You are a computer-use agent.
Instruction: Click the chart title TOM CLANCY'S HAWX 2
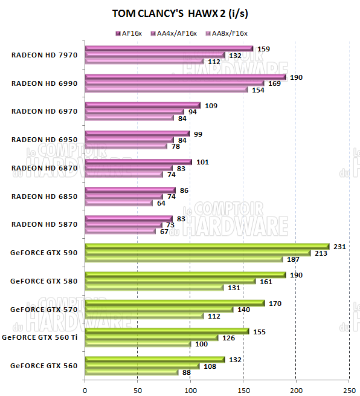tap(179, 13)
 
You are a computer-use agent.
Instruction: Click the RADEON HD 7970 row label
tap(44, 55)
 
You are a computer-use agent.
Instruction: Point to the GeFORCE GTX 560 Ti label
tap(40, 337)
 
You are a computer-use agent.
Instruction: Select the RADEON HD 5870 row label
tap(44, 224)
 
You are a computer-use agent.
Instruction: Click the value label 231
tap(339, 247)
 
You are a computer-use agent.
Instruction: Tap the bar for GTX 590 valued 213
tap(198, 253)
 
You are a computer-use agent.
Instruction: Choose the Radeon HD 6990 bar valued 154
tap(166, 90)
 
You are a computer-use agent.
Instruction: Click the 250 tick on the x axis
tap(349, 391)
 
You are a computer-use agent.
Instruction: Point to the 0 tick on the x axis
tap(85, 391)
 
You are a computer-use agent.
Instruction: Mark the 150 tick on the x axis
tap(243, 391)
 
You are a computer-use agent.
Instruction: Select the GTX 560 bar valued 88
tap(132, 372)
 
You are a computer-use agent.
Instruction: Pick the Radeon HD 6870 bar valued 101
tap(138, 162)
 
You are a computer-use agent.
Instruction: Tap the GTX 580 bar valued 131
tap(154, 287)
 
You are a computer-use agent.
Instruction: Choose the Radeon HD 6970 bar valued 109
tap(143, 105)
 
